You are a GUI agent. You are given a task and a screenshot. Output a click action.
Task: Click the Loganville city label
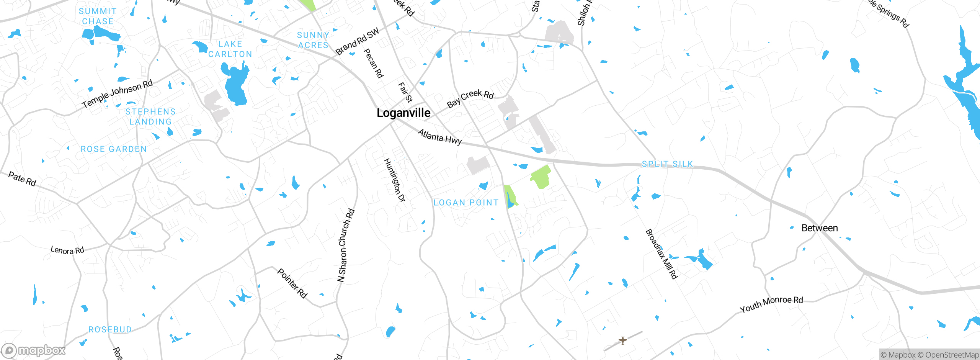tap(403, 113)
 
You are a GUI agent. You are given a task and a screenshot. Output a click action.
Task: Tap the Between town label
tap(820, 228)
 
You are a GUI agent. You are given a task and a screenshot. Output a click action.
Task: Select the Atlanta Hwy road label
tap(439, 137)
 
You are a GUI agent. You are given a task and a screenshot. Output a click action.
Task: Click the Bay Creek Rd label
tap(470, 98)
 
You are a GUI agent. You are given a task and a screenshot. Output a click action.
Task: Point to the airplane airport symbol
tap(623, 340)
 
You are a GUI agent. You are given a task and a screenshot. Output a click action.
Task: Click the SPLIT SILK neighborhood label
tap(667, 164)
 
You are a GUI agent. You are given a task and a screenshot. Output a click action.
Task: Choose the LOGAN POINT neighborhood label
tap(466, 203)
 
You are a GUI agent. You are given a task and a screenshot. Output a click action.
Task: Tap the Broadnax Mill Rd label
tap(661, 254)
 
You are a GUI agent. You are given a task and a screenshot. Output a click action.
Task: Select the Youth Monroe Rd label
tap(771, 304)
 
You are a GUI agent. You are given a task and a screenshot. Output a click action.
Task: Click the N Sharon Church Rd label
tap(346, 245)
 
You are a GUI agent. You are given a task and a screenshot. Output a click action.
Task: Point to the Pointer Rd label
tap(292, 283)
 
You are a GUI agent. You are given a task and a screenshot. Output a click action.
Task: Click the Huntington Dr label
tap(394, 180)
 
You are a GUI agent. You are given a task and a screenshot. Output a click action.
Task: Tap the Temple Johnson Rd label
tap(117, 93)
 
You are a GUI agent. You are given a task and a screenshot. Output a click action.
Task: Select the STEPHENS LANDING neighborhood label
tap(150, 117)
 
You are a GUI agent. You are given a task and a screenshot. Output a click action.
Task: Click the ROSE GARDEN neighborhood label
tap(114, 149)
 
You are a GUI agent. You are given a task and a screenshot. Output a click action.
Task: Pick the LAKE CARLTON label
tap(230, 49)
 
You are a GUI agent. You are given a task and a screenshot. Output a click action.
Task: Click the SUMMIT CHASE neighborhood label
tap(98, 16)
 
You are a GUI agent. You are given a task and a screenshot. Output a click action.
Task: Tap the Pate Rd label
tap(22, 179)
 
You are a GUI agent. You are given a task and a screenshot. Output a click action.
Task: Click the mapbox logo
tap(34, 350)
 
